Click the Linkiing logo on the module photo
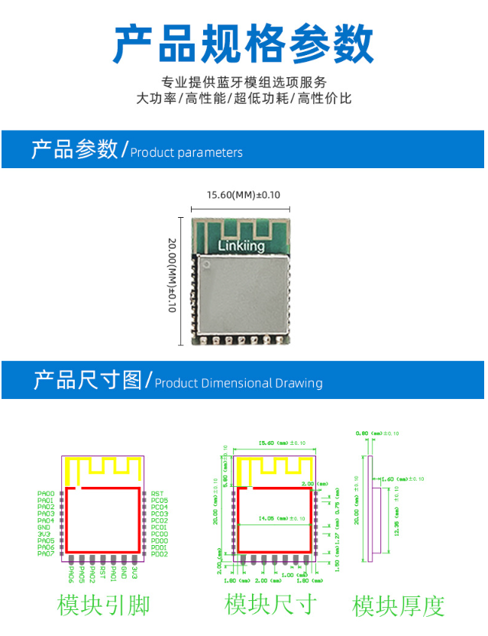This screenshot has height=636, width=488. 241,246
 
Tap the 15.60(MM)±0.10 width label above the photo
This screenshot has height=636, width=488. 244,195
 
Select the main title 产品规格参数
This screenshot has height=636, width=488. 244,44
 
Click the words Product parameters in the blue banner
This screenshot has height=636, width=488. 186,153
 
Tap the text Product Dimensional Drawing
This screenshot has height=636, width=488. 238,383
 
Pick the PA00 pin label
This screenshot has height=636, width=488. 46,494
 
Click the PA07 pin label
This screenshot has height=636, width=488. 46,553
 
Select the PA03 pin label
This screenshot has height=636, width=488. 46,514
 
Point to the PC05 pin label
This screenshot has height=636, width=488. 160,501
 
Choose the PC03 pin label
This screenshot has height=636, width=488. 160,514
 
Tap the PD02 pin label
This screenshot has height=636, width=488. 160,553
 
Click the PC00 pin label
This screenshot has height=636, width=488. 160,534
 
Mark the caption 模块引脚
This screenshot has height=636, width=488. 103,605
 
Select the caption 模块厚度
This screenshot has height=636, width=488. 398,606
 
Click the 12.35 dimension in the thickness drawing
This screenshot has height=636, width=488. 396,524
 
